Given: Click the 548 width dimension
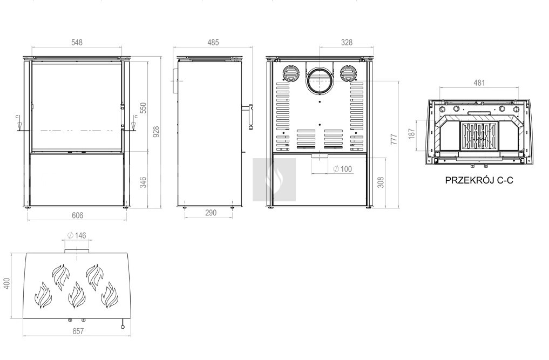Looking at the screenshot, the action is click(77, 43).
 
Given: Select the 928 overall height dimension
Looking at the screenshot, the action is click(156, 132).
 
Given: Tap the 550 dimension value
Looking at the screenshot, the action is click(143, 108).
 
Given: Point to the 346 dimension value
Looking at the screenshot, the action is click(143, 182).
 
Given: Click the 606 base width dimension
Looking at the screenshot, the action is click(77, 215).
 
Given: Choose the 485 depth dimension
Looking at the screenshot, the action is click(213, 43).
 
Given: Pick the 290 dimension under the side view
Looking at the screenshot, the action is click(211, 213).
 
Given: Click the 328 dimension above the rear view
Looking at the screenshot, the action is click(347, 43).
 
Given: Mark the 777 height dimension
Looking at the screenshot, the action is click(394, 139).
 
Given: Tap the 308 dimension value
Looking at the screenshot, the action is click(381, 182).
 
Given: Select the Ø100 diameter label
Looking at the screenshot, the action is click(342, 169).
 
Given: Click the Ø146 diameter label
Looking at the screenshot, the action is click(77, 235).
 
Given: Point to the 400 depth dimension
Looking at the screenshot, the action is click(6, 283).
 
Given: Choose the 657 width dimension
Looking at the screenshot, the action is click(78, 331).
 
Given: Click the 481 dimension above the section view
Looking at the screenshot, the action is click(479, 83).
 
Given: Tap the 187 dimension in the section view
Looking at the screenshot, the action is click(411, 133).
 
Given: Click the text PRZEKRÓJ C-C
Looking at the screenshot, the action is click(479, 180).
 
